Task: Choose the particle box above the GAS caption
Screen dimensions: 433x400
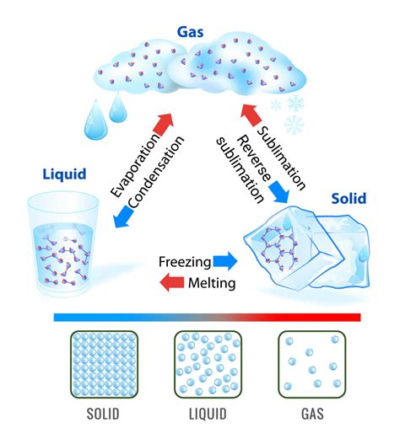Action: [x=311, y=363]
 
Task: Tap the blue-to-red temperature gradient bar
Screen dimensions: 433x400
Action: [x=206, y=317]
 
